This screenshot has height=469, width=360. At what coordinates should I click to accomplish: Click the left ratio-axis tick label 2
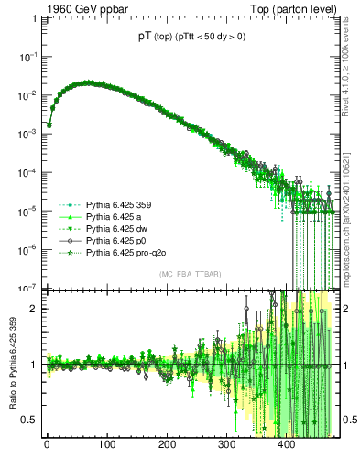35,309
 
